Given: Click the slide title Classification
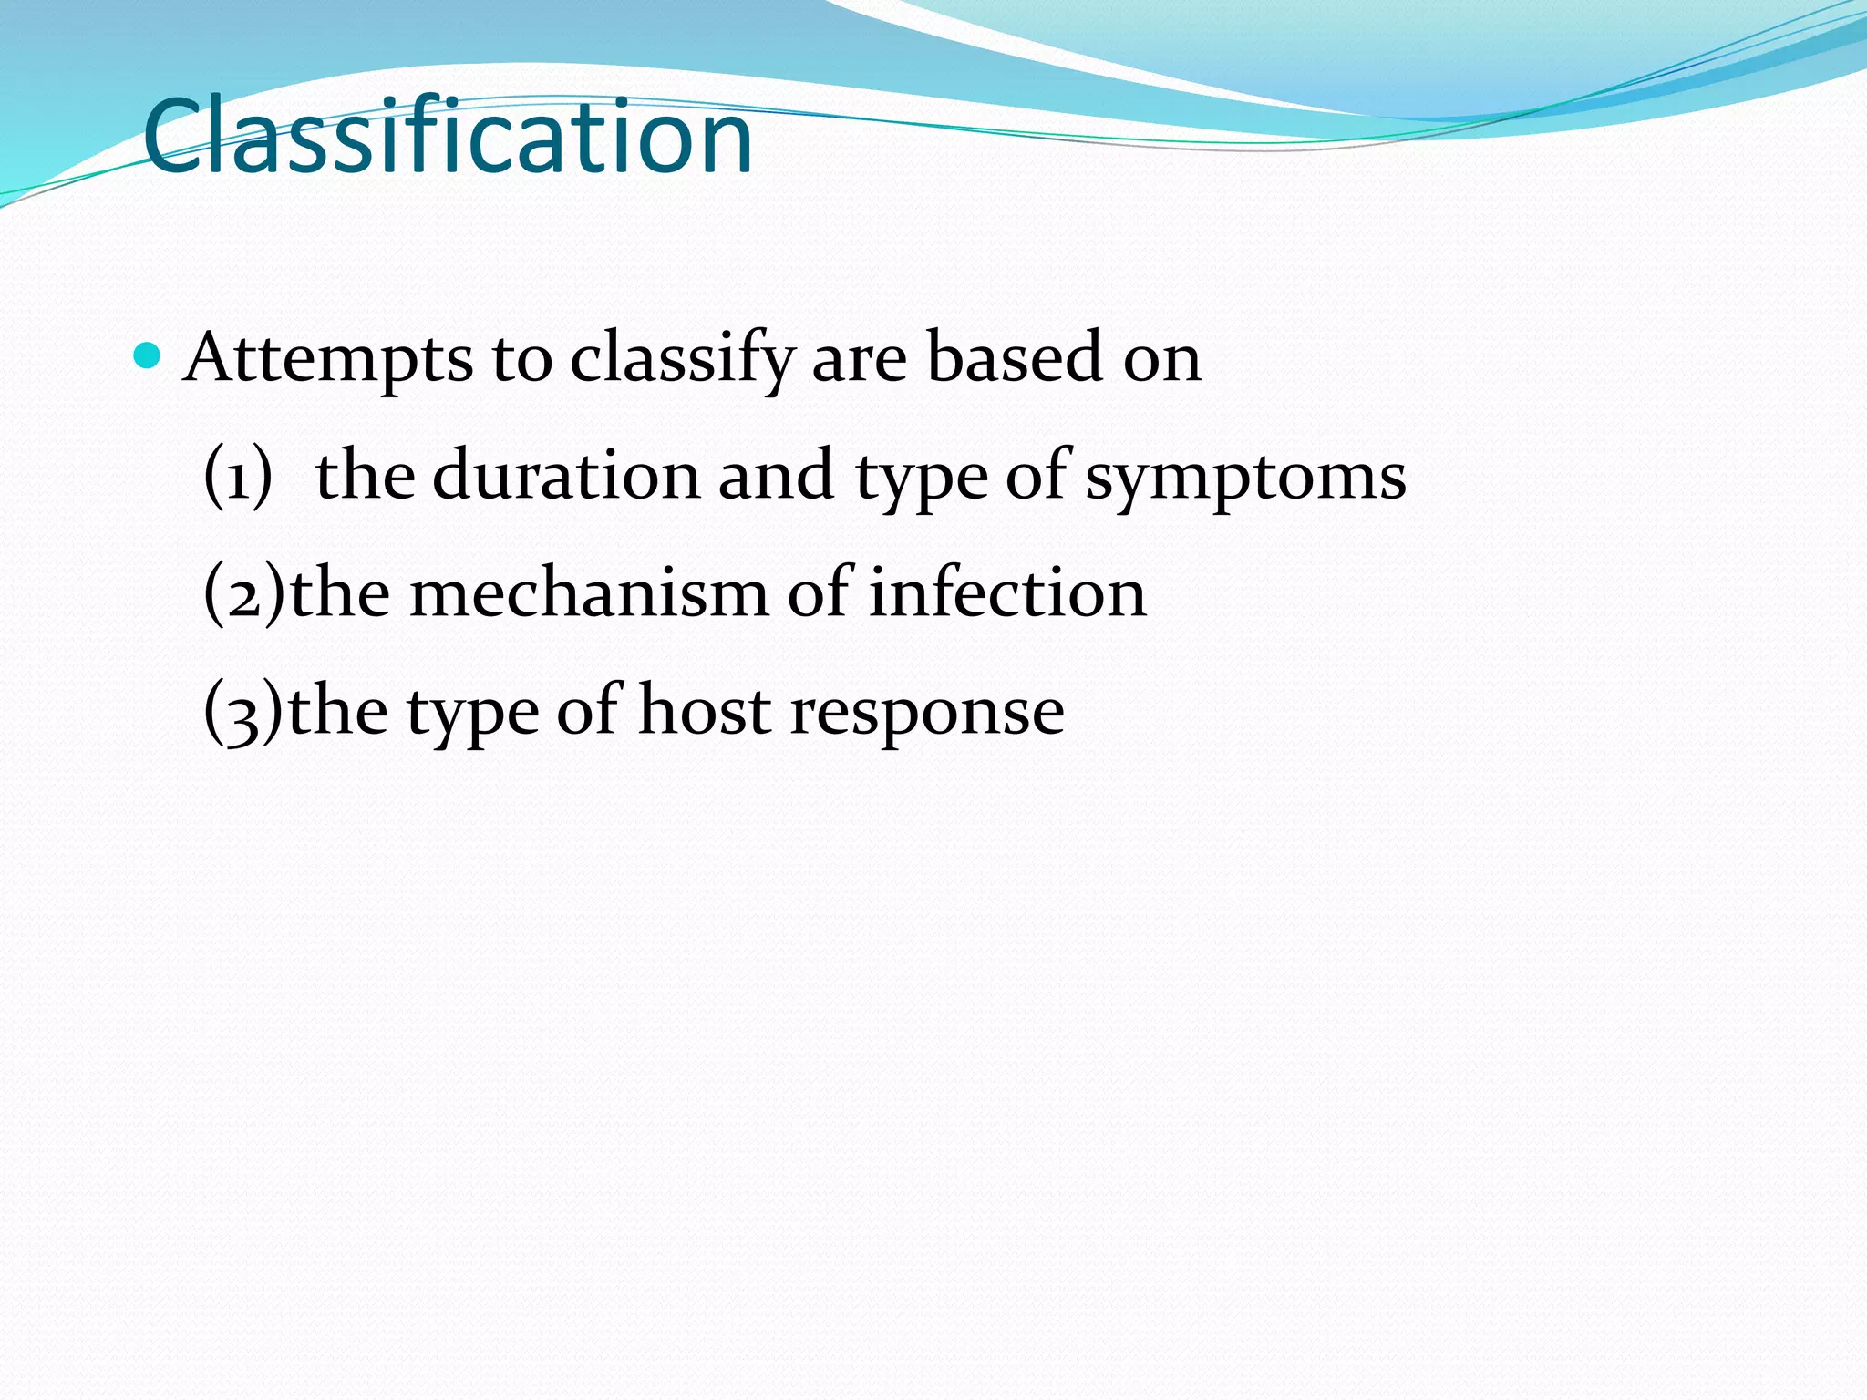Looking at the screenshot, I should pyautogui.click(x=447, y=137).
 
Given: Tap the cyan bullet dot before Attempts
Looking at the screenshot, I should pyautogui.click(x=146, y=355).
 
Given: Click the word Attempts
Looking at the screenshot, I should pyautogui.click(x=328, y=358).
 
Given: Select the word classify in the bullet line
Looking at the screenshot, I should pyautogui.click(x=682, y=358).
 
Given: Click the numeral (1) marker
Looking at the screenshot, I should pyautogui.click(x=238, y=476).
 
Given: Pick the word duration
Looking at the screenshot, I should pyautogui.click(x=565, y=475).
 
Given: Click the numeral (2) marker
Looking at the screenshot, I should pyautogui.click(x=243, y=593).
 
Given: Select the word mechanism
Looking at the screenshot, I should pyautogui.click(x=589, y=593).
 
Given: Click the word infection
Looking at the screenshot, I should pyautogui.click(x=1007, y=593).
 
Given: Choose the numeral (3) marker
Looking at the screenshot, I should pyautogui.click(x=243, y=712).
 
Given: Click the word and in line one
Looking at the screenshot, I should pyautogui.click(x=776, y=475).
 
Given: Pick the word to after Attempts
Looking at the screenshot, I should pyautogui.click(x=521, y=358).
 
